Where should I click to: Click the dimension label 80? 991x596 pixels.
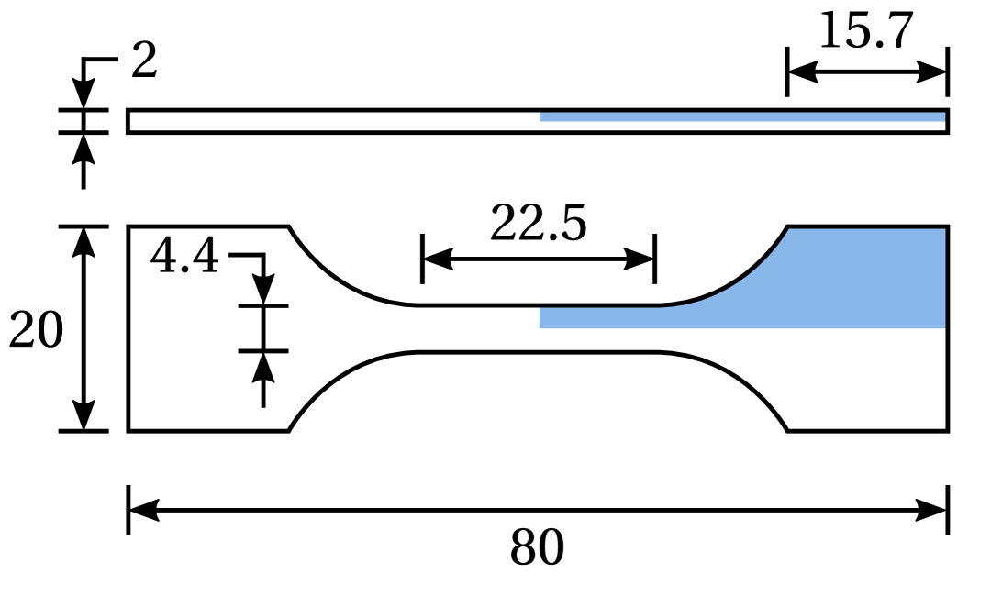(x=537, y=549)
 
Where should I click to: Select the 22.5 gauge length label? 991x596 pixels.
(x=538, y=223)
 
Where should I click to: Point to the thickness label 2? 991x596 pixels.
(x=144, y=62)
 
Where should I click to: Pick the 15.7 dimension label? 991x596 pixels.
(x=865, y=31)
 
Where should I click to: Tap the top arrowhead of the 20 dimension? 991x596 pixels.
(x=84, y=239)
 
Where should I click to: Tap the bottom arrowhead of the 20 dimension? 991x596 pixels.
(x=84, y=417)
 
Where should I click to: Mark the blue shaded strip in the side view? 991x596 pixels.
(x=743, y=116)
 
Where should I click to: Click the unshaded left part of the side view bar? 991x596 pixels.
(x=330, y=121)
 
